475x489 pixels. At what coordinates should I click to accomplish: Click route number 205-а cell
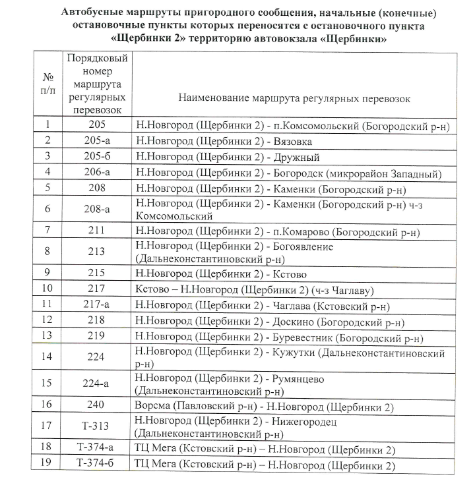tap(98, 140)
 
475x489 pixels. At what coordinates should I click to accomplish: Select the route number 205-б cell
tap(98, 157)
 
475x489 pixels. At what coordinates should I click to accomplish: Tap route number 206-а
tap(98, 173)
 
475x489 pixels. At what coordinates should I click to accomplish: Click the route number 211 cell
tap(98, 231)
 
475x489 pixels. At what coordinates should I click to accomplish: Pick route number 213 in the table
tap(98, 252)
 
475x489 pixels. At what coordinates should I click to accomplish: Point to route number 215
tap(98, 273)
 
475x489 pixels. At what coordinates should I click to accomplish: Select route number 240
tap(98, 404)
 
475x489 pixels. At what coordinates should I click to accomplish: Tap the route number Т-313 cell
tap(98, 426)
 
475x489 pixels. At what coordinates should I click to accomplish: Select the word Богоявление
tap(303, 246)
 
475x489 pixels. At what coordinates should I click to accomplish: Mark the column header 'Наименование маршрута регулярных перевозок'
tap(294, 99)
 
